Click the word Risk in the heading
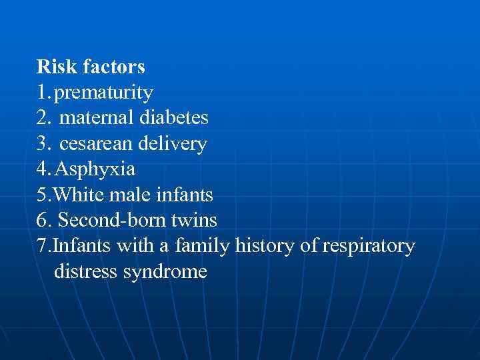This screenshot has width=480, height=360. tap(51, 67)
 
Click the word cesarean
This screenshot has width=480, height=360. tap(97, 144)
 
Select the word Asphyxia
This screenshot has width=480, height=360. tap(95, 169)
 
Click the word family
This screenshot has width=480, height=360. tap(201, 247)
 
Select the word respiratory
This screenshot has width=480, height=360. tap(368, 247)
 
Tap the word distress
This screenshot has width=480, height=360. tap(85, 272)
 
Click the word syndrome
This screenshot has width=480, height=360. tap(165, 272)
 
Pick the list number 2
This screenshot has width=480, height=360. tap(43, 119)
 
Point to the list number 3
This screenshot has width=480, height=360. tap(43, 144)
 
